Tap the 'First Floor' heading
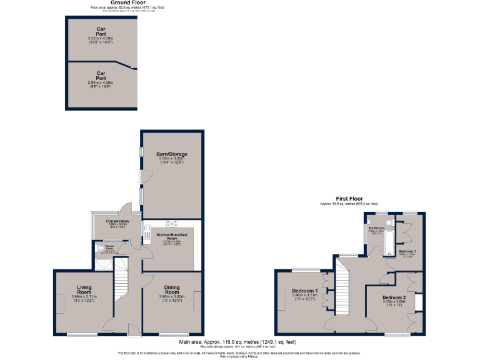coord(349,199)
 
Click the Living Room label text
coord(84,290)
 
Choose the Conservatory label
coord(117,221)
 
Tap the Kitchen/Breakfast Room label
coord(167,236)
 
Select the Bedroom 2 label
coord(395,297)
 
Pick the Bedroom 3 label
coord(407,250)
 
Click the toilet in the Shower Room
coord(100,248)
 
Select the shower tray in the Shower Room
coord(100,262)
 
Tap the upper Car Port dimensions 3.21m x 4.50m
coord(101,39)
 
